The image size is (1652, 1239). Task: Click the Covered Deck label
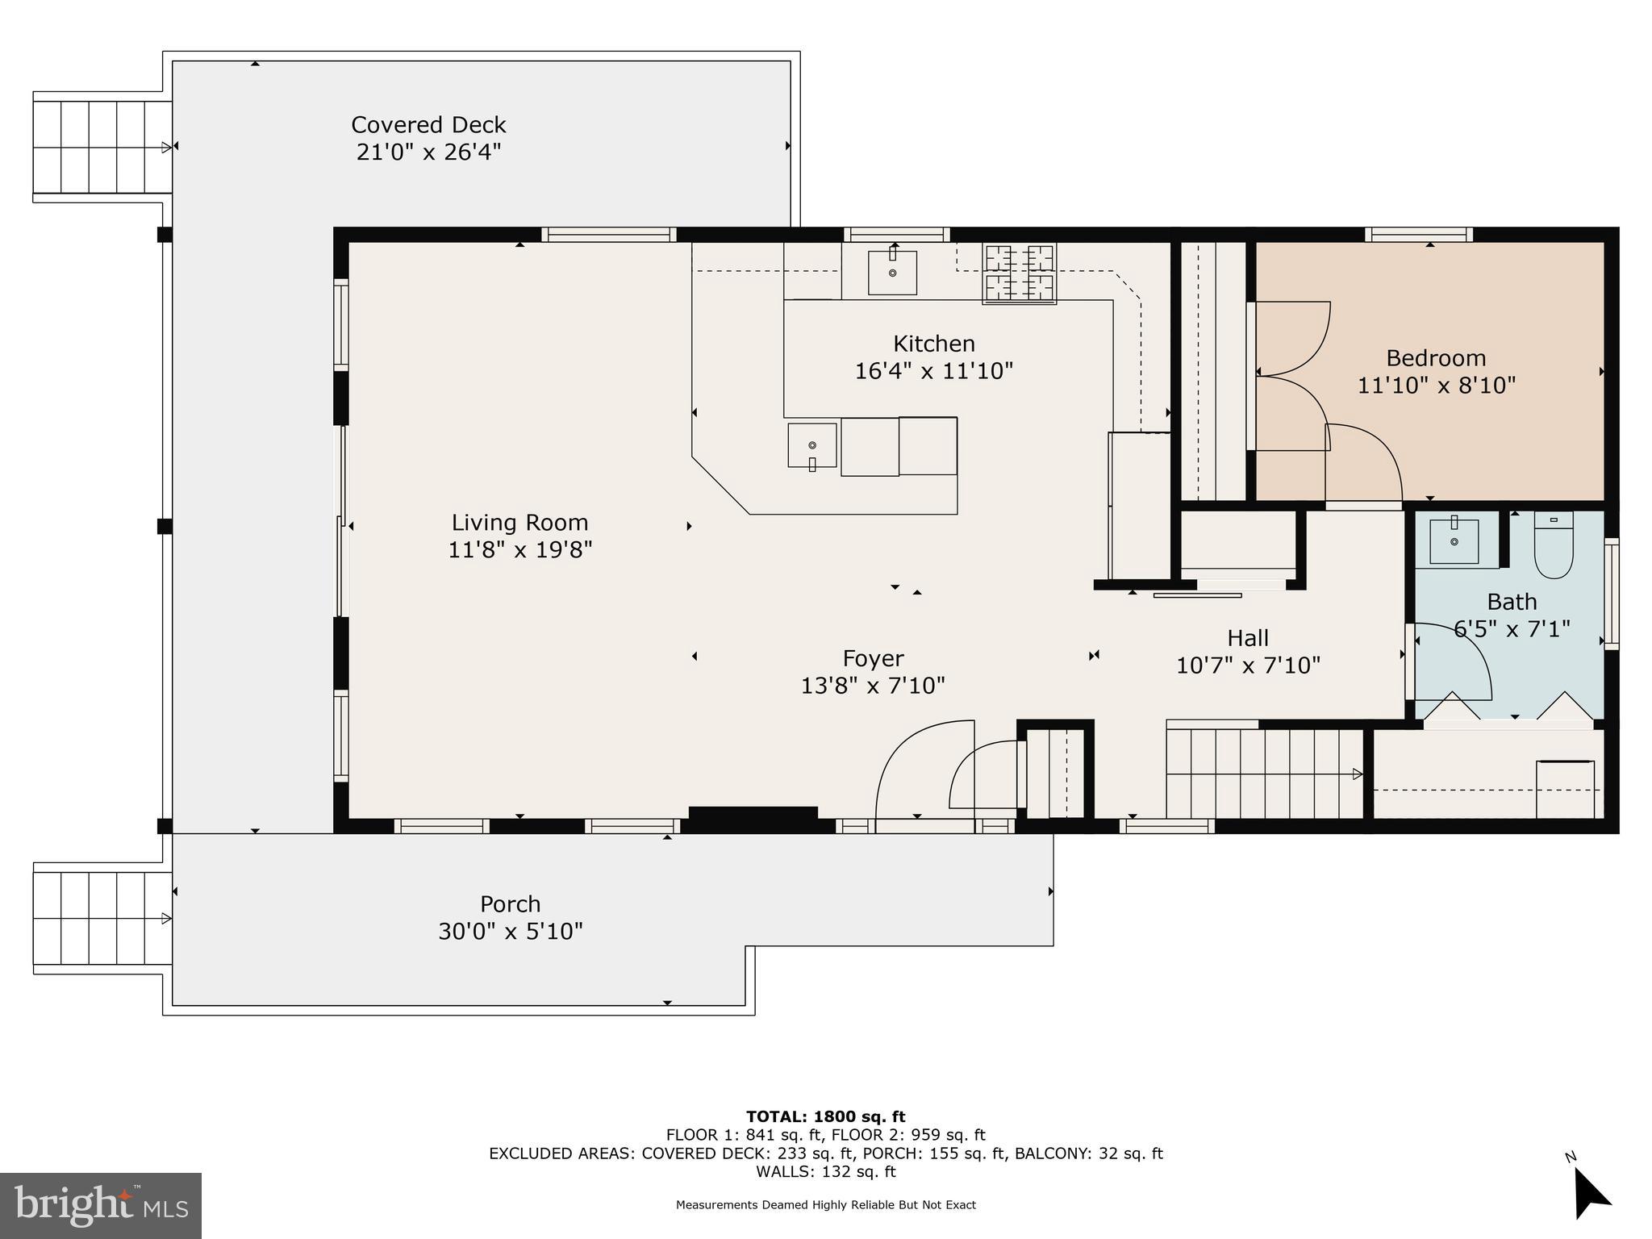click(428, 125)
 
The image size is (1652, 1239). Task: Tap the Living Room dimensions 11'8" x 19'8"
click(520, 550)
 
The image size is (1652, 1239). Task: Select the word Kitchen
click(934, 344)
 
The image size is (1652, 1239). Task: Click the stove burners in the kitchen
click(1020, 274)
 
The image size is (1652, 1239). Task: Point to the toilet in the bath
click(1554, 545)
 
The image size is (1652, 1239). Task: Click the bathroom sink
click(1454, 540)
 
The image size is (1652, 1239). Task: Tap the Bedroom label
click(1436, 358)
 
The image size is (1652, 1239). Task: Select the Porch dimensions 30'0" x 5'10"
click(511, 932)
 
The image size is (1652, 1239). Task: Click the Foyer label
click(874, 658)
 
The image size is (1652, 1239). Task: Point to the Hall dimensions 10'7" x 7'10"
click(1249, 665)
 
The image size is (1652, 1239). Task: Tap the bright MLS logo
click(101, 1206)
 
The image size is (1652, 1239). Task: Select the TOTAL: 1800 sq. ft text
click(826, 1117)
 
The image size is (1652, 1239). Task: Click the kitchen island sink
click(812, 445)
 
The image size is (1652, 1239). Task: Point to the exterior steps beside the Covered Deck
click(102, 147)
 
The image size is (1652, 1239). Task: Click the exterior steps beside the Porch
click(102, 919)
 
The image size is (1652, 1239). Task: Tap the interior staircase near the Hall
click(1265, 774)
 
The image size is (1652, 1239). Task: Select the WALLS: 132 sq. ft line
click(826, 1171)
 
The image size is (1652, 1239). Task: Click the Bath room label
click(1512, 602)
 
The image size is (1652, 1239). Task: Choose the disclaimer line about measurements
click(826, 1205)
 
